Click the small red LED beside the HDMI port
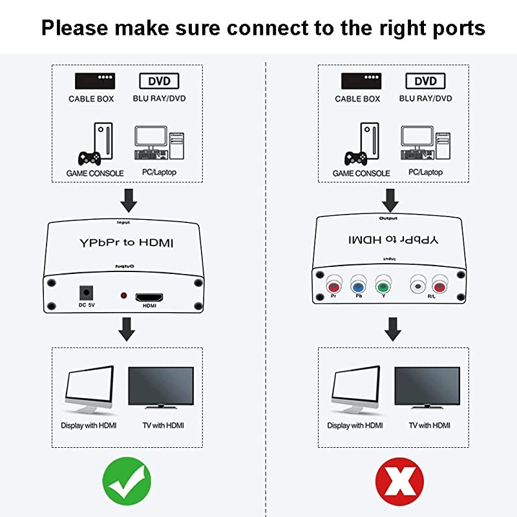(x=123, y=296)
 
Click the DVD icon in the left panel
(x=160, y=81)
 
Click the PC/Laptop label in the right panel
(x=425, y=173)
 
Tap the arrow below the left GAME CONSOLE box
(x=129, y=200)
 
